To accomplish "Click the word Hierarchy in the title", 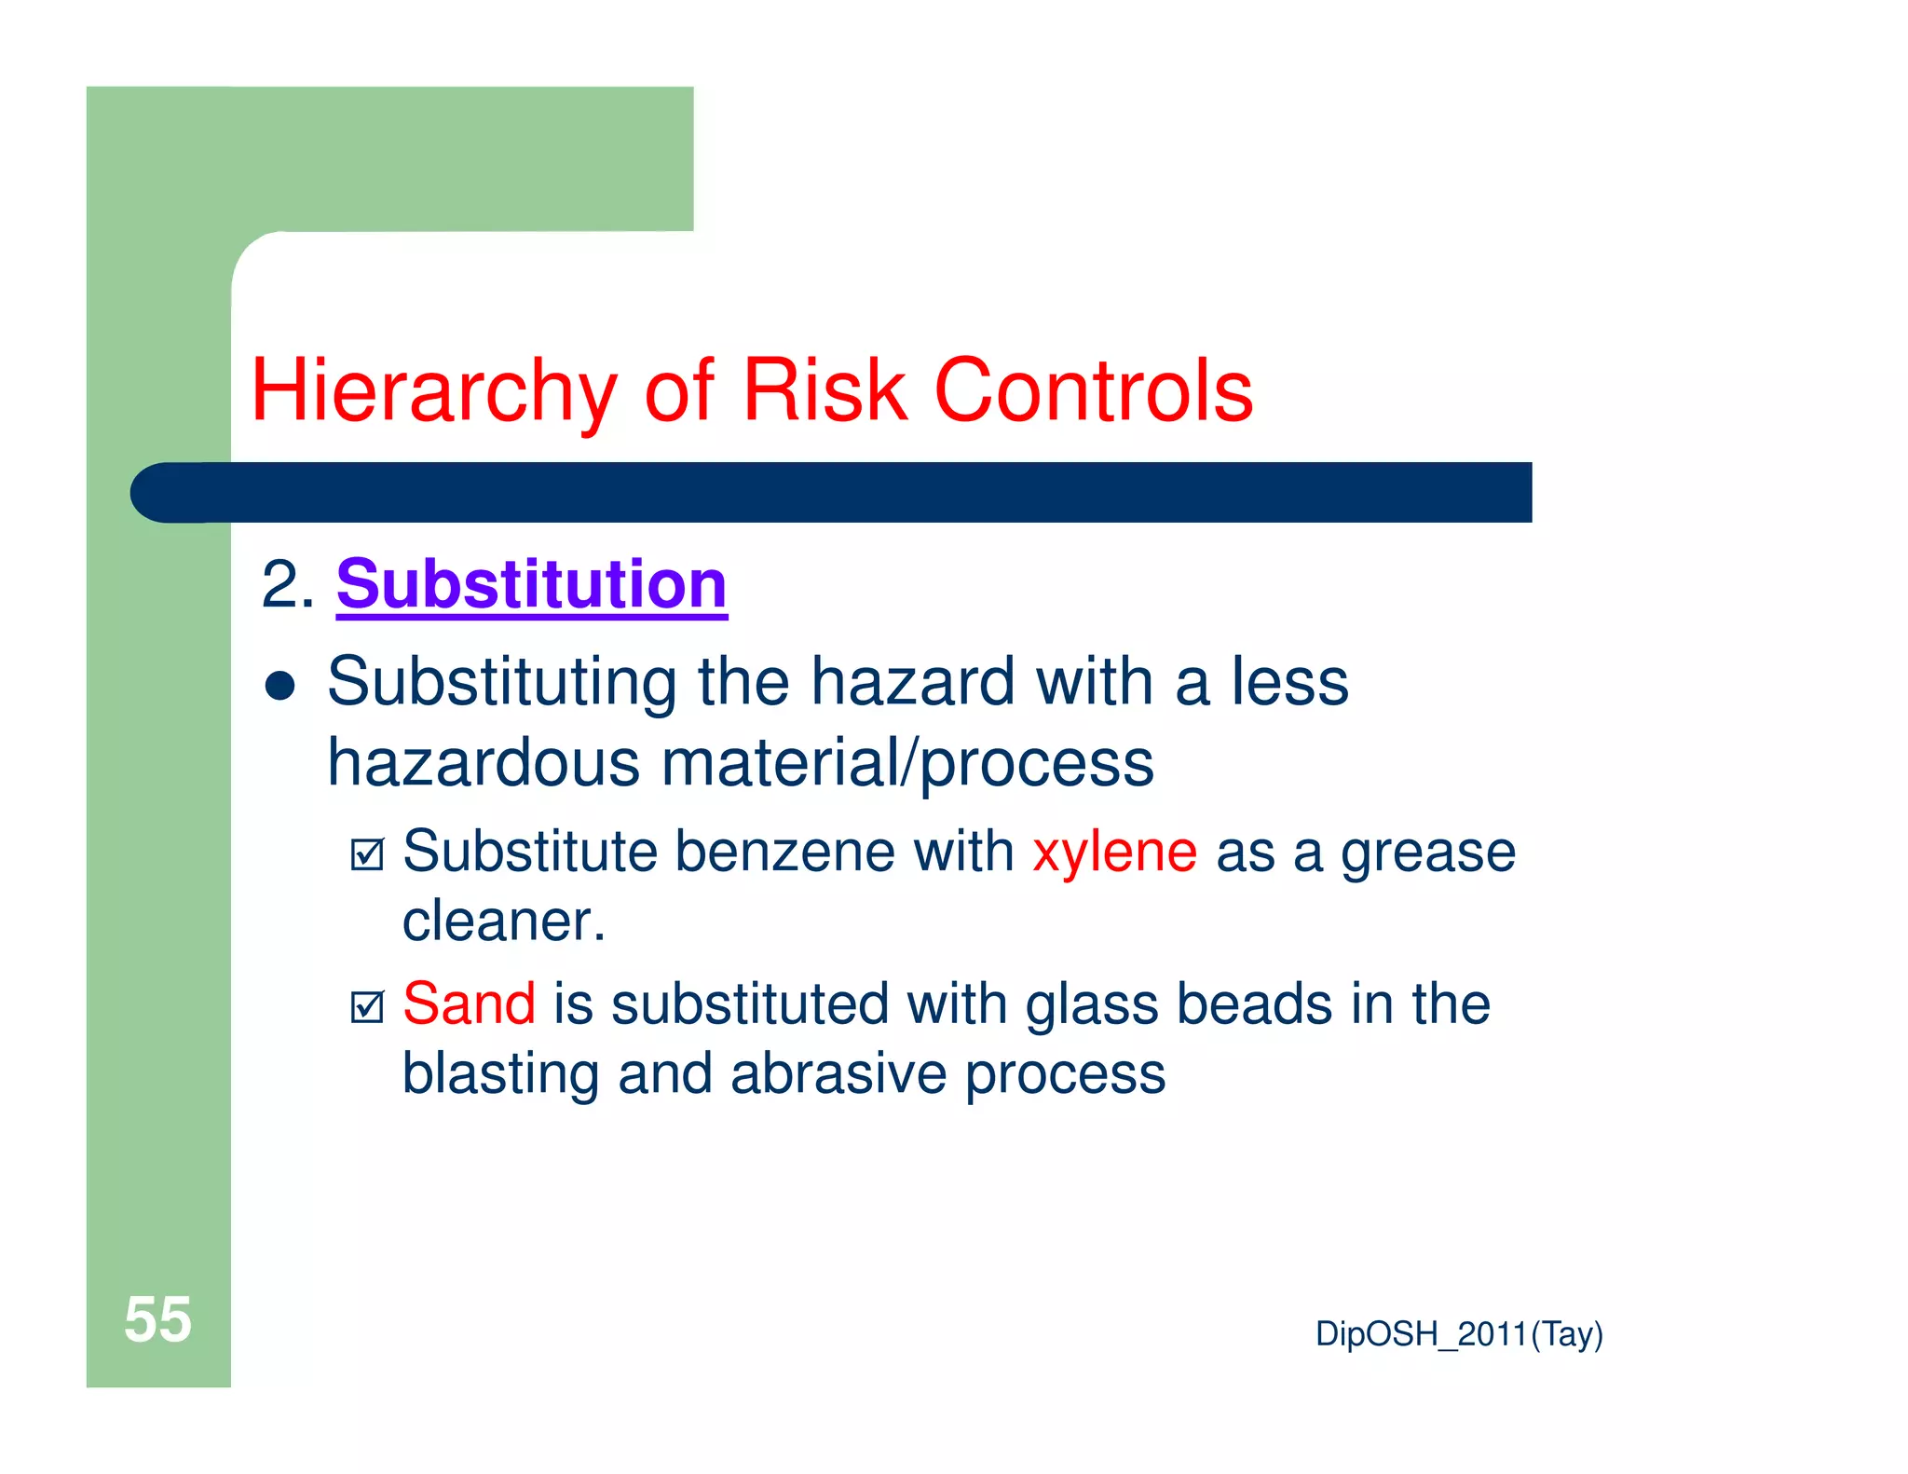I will pyautogui.click(x=433, y=391).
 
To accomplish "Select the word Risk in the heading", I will pyautogui.click(x=824, y=391).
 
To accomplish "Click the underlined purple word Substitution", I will pyautogui.click(x=531, y=585).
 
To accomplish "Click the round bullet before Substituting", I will pyautogui.click(x=279, y=687).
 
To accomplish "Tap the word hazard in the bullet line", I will pyautogui.click(x=912, y=682).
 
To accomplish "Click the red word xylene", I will pyautogui.click(x=1114, y=853).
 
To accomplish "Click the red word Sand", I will pyautogui.click(x=469, y=1004).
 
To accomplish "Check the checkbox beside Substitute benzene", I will pyautogui.click(x=367, y=854).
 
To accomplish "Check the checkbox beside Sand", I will pyautogui.click(x=367, y=1006).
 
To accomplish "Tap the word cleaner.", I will pyautogui.click(x=503, y=922).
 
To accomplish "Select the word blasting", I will pyautogui.click(x=499, y=1074).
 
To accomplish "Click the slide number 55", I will pyautogui.click(x=157, y=1320).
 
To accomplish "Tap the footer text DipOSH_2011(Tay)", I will pyautogui.click(x=1458, y=1334).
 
